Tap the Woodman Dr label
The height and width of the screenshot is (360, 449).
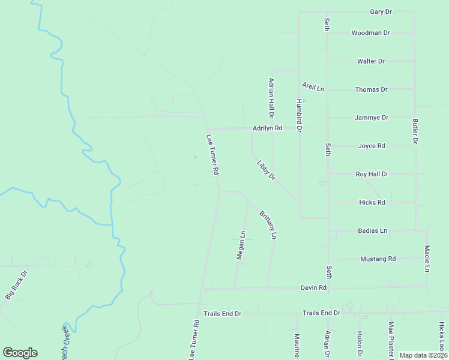(x=371, y=33)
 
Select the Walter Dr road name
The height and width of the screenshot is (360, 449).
(x=371, y=61)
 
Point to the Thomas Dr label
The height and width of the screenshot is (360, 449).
(x=371, y=89)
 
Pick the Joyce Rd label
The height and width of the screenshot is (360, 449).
(x=371, y=146)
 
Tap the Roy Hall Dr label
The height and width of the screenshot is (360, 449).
(x=372, y=174)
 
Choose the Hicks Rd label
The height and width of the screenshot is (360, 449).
(x=372, y=202)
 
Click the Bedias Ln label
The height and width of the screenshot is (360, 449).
(x=372, y=230)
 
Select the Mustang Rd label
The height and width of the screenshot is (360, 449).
(x=378, y=259)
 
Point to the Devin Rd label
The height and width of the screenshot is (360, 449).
(x=313, y=288)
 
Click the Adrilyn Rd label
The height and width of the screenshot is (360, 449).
(x=267, y=128)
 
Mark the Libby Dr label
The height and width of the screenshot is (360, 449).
(x=266, y=170)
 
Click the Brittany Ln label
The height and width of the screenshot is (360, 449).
(x=268, y=225)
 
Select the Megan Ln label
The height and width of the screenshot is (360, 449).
(x=241, y=245)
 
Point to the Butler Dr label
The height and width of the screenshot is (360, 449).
(x=415, y=131)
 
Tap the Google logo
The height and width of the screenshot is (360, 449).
(x=20, y=353)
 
